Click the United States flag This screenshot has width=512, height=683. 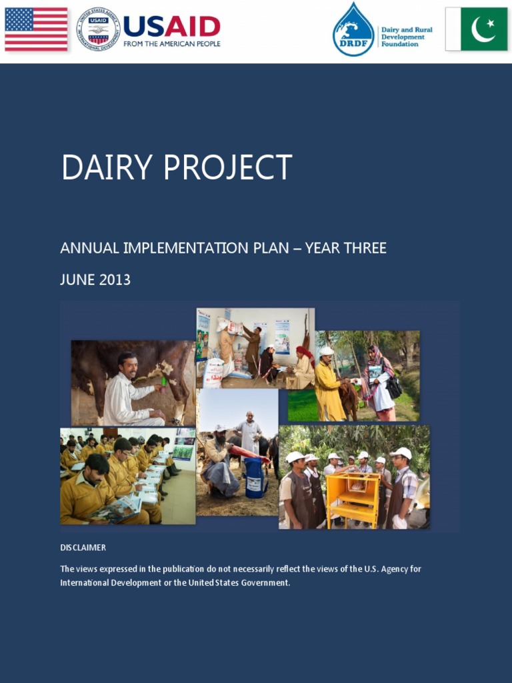tap(36, 29)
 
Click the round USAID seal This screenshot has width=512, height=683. tap(98, 29)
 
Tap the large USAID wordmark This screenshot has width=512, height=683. tap(171, 27)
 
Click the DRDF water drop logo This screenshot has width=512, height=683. tap(353, 30)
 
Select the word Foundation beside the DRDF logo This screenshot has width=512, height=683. tap(399, 45)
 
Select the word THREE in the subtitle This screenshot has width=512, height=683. tap(365, 248)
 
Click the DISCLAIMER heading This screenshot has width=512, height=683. tap(83, 548)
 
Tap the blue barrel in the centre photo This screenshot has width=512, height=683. tap(256, 478)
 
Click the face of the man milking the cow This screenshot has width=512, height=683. tap(128, 366)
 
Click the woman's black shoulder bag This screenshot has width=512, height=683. tap(393, 387)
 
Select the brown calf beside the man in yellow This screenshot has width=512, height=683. tap(348, 399)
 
